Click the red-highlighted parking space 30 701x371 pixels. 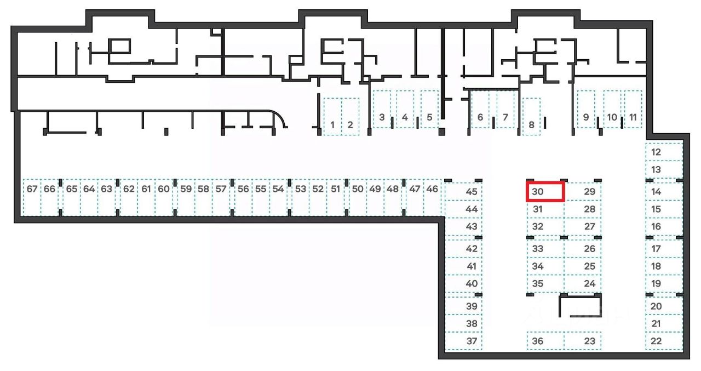[545, 192]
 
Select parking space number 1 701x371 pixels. [332, 116]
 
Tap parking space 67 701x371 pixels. [32, 197]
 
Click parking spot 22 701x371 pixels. [664, 341]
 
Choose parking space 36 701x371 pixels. [545, 341]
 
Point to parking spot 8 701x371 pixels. [531, 116]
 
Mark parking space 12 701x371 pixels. [664, 152]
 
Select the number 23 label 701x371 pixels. [589, 341]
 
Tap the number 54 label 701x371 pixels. [278, 189]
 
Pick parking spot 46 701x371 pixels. [432, 197]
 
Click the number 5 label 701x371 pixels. [429, 117]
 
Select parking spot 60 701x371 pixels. [164, 197]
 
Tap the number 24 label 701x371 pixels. [589, 284]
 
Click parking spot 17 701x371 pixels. [664, 248]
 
